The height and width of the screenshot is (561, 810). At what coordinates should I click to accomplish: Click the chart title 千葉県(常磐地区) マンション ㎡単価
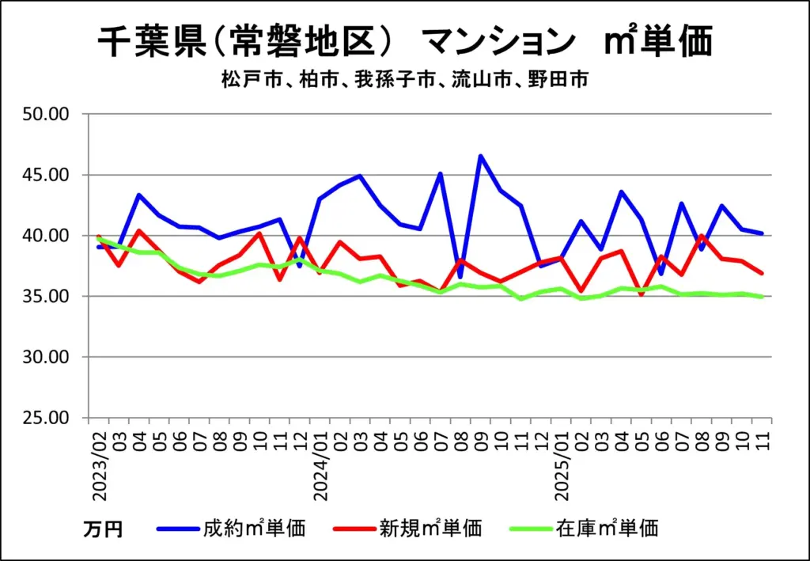pos(405,41)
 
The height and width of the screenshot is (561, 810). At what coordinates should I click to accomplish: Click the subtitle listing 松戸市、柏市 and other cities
pos(405,80)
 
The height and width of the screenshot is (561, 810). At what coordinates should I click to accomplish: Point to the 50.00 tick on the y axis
pos(47,114)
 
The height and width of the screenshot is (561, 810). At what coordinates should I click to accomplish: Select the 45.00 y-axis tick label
pos(47,175)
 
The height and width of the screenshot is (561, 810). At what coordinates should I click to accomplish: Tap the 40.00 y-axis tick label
pos(47,236)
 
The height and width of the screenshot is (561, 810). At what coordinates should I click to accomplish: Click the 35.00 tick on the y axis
pos(47,297)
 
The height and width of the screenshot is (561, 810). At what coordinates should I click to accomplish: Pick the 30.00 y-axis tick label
pos(47,357)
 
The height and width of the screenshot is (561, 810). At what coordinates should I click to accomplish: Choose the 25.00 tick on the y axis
pos(47,418)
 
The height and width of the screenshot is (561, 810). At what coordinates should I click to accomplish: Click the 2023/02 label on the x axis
pos(100,464)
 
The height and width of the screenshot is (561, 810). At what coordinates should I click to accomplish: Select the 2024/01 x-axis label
pos(320,464)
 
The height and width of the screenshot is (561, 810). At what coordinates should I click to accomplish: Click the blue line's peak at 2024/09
pos(480,156)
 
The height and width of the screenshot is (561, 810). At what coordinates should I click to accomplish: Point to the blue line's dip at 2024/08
pos(460,276)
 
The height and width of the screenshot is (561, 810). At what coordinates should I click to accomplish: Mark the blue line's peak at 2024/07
pos(441,174)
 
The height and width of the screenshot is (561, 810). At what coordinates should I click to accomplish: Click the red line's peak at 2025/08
pos(702,236)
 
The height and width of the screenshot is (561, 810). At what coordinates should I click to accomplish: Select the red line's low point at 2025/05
pos(642,294)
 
